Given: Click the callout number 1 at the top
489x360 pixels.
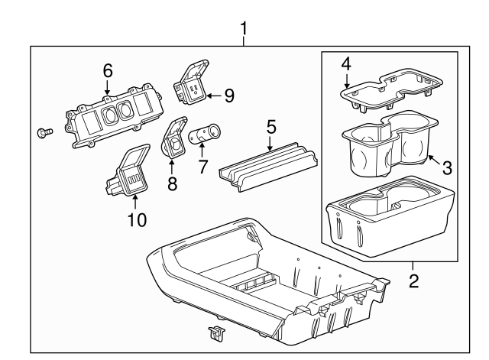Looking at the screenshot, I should [x=244, y=29].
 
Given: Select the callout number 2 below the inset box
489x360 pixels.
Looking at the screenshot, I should [x=413, y=281].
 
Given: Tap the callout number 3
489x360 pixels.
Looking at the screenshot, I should [x=446, y=167].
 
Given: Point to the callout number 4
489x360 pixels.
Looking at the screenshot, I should [x=345, y=63].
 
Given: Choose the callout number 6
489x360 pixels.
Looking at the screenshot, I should [x=108, y=70].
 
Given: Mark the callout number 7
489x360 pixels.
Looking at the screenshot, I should [x=203, y=165].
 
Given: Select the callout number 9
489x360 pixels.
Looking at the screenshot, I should [x=229, y=96].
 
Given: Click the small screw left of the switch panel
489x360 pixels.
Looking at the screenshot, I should [x=44, y=133].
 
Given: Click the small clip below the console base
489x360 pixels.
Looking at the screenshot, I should [x=216, y=332].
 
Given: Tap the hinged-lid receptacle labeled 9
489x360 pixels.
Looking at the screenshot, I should [x=193, y=85].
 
